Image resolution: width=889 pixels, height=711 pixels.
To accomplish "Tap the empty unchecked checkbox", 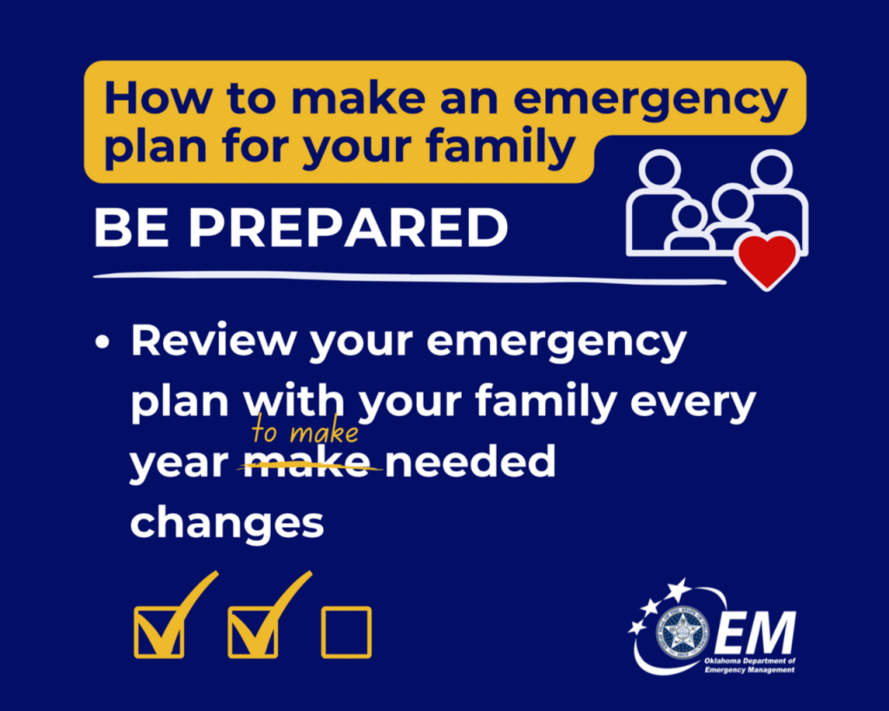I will click(346, 631).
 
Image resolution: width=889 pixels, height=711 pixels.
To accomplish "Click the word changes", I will click(227, 523).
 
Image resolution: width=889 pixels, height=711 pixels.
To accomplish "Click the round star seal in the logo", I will click(682, 631).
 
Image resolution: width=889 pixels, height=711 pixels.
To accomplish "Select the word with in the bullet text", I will click(294, 404).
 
